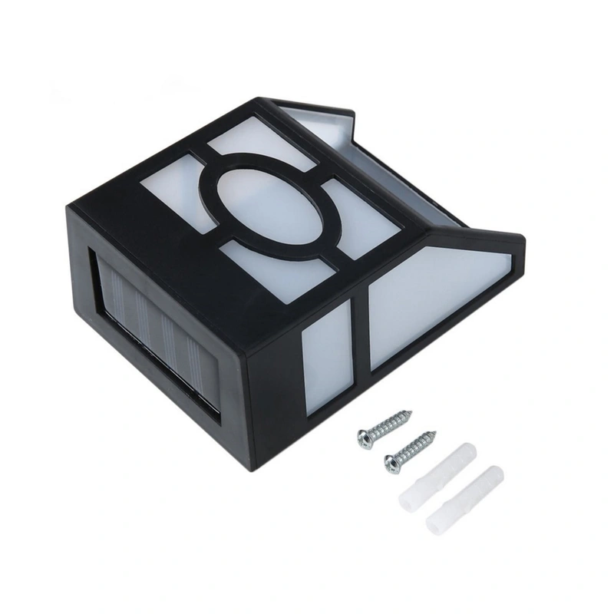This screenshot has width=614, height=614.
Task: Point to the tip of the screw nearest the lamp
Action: (411, 414)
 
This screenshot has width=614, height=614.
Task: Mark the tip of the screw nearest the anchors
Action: (436, 433)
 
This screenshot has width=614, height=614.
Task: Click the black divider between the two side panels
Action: (359, 338)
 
